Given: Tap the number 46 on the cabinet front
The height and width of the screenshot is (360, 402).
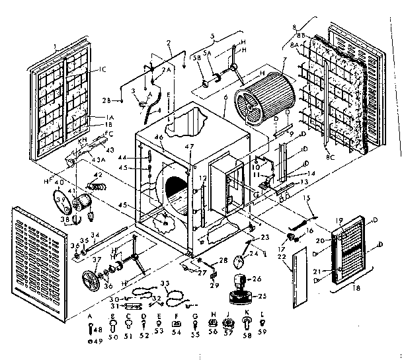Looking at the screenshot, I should click(158, 137).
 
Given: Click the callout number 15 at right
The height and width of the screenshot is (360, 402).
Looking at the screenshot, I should click(306, 197).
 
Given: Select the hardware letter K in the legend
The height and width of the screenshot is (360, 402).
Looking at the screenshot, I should click(246, 316).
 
